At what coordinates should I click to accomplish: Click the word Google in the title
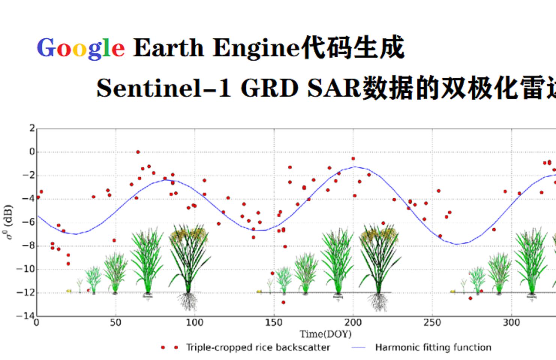81,48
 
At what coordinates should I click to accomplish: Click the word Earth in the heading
168,48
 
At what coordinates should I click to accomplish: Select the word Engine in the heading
256,48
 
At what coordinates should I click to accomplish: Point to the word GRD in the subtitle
269,88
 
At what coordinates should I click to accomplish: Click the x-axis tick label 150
273,322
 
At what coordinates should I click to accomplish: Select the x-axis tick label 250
432,322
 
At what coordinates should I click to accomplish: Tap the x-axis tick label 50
116,322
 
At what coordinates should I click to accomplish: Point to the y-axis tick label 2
32,129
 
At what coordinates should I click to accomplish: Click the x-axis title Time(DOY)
325,334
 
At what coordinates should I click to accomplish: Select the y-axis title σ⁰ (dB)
8,222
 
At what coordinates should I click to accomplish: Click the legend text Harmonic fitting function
433,348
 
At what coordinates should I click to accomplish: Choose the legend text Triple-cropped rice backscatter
258,348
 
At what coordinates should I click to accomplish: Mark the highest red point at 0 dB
138,152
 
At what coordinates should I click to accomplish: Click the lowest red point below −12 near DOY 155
283,302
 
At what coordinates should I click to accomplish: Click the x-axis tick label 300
511,322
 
